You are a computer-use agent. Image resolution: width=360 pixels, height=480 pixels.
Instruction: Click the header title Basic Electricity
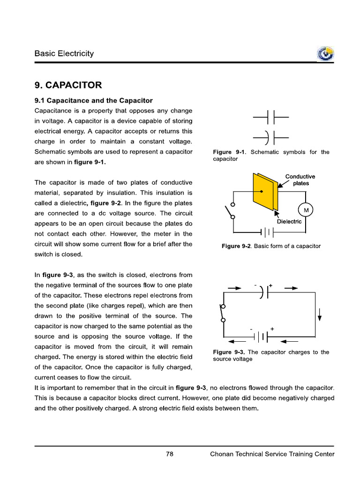pyautogui.click(x=64, y=53)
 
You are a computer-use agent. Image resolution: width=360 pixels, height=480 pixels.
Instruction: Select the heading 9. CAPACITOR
pyautogui.click(x=67, y=85)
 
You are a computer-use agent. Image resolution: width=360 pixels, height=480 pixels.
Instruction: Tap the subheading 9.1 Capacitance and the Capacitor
pyautogui.click(x=93, y=100)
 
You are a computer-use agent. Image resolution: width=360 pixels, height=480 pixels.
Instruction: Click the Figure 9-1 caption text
pyautogui.click(x=270, y=155)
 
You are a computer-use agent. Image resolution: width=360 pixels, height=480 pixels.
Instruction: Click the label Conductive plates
pyautogui.click(x=300, y=180)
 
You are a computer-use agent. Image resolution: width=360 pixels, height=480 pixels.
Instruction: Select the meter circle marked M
pyautogui.click(x=306, y=210)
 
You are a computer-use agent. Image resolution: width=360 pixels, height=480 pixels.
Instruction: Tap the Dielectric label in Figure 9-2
pyautogui.click(x=289, y=222)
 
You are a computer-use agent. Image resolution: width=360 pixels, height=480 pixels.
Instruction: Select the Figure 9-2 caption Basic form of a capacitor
pyautogui.click(x=271, y=246)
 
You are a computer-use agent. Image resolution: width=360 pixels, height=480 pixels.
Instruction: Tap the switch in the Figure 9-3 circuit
pyautogui.click(x=223, y=313)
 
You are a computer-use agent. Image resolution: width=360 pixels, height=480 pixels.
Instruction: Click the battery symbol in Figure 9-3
pyautogui.click(x=262, y=337)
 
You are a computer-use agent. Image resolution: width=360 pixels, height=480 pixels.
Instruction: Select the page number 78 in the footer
pyautogui.click(x=170, y=454)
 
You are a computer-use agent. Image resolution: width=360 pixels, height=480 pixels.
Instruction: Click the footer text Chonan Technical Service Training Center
pyautogui.click(x=272, y=454)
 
